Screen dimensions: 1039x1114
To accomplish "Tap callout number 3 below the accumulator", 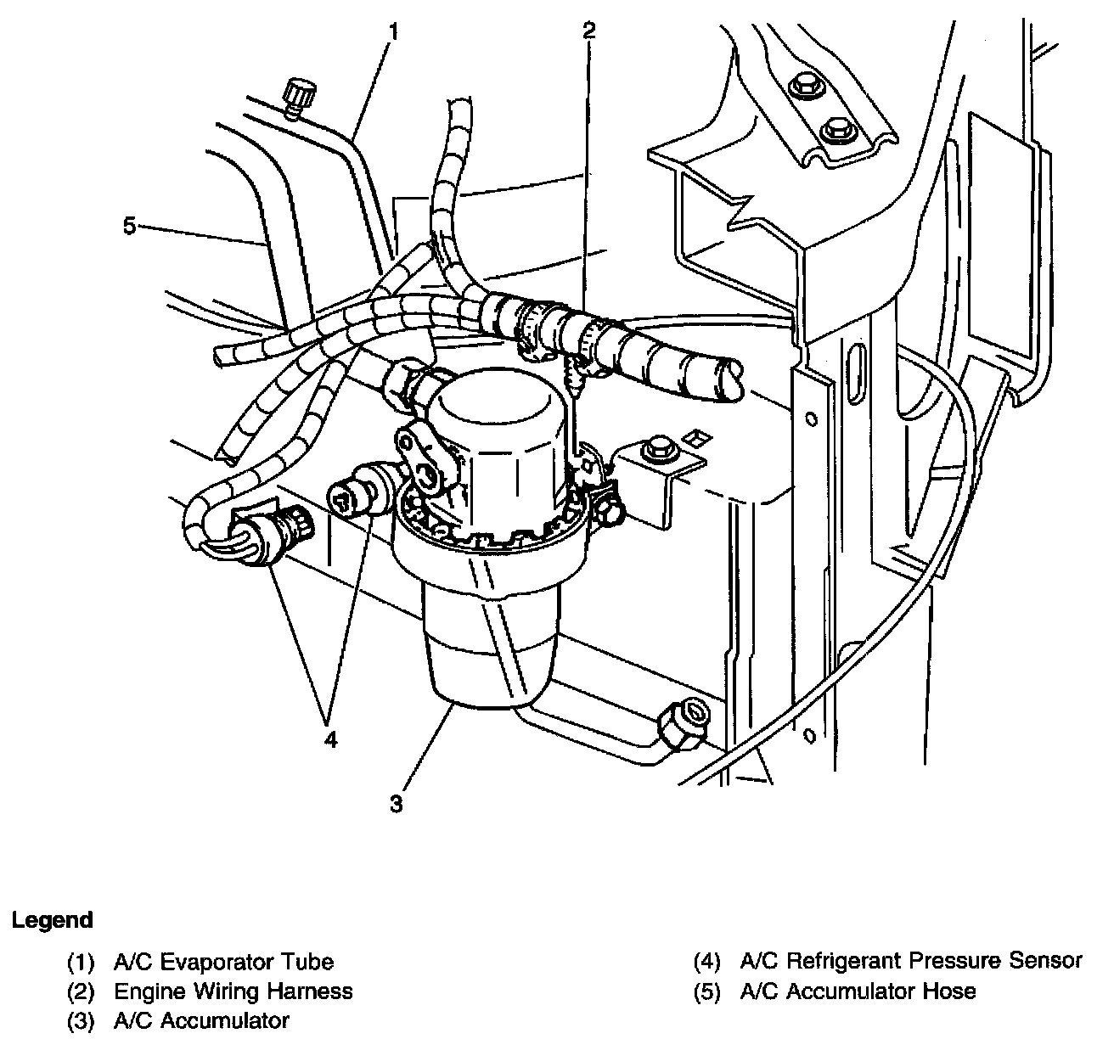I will (397, 802).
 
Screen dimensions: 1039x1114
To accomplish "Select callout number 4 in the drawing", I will (330, 739).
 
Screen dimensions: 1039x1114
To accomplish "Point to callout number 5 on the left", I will (129, 226).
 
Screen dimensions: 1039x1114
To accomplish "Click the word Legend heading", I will (53, 919).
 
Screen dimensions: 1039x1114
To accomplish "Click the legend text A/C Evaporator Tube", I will (222, 962).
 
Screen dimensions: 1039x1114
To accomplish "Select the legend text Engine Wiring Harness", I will (233, 991).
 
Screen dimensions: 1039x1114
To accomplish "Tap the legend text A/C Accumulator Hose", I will (858, 991).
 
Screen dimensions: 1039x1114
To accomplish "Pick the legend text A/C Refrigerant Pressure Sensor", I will (911, 961).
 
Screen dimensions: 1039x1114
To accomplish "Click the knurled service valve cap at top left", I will (297, 93).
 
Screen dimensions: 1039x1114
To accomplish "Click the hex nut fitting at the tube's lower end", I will (683, 725).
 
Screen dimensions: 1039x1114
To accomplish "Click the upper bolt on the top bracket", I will (802, 86).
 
